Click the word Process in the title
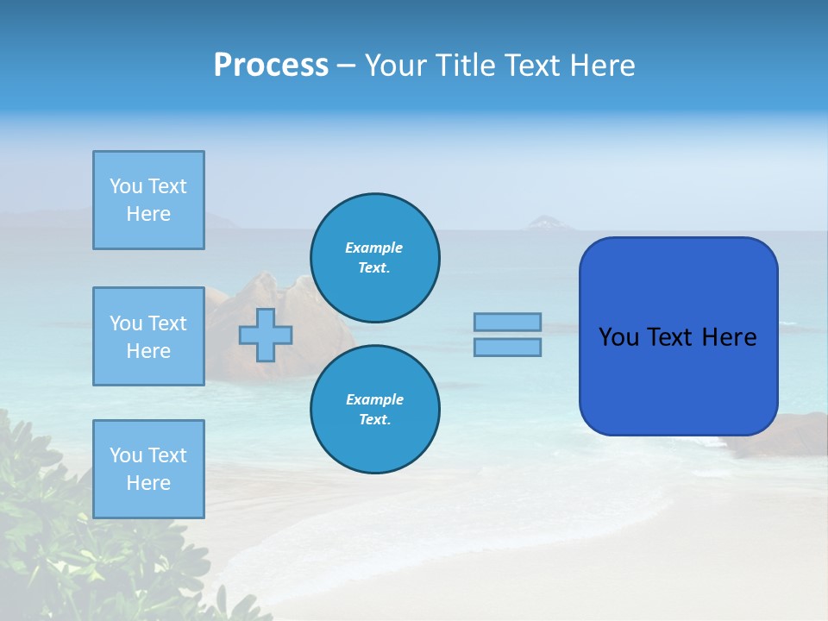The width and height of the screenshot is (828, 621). (271, 66)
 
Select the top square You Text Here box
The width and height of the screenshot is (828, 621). (148, 200)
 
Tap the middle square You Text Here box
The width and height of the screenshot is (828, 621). (148, 336)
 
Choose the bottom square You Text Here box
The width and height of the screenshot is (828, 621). (148, 469)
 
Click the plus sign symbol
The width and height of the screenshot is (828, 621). (266, 335)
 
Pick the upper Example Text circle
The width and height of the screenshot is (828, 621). (375, 258)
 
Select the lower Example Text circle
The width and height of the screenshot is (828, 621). (375, 410)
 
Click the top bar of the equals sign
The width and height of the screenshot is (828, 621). (507, 322)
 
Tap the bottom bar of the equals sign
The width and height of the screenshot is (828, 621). (507, 347)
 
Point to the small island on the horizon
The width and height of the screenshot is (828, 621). (546, 223)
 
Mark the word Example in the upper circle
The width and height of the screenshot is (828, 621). (374, 248)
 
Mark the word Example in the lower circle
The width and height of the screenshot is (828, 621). (374, 399)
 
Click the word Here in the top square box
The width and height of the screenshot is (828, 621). (148, 214)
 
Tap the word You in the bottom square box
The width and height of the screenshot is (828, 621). (126, 455)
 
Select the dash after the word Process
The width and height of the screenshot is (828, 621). (347, 66)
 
